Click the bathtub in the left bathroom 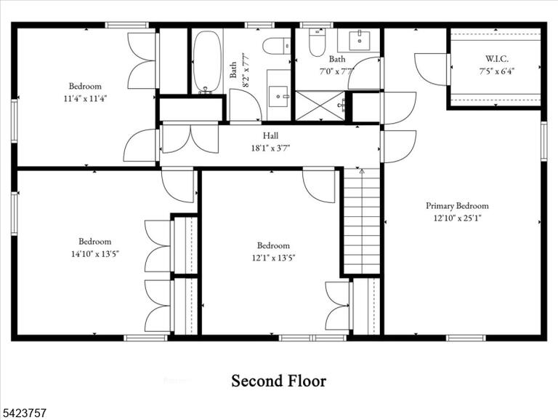point(207,62)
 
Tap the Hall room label point(270,135)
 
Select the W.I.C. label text point(497,59)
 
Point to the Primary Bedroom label point(457,206)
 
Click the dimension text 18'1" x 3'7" point(271,148)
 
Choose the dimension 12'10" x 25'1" point(457,218)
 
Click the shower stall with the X point(320,106)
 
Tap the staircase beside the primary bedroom point(362,221)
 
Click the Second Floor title point(279,381)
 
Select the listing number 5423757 point(23,413)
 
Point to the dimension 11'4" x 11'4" point(86,98)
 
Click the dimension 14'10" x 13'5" point(95,254)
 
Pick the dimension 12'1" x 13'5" point(274,258)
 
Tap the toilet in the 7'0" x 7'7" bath point(317,42)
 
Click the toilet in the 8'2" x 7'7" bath point(277,46)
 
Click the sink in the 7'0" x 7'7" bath point(360,41)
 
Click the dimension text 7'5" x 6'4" point(497,71)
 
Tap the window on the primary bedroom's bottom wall point(466,338)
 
